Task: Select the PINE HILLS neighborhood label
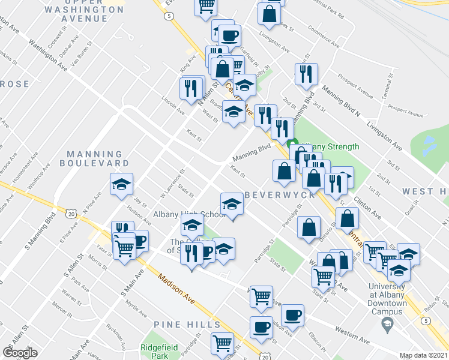187,325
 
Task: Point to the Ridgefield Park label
155,351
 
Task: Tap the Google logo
20,352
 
